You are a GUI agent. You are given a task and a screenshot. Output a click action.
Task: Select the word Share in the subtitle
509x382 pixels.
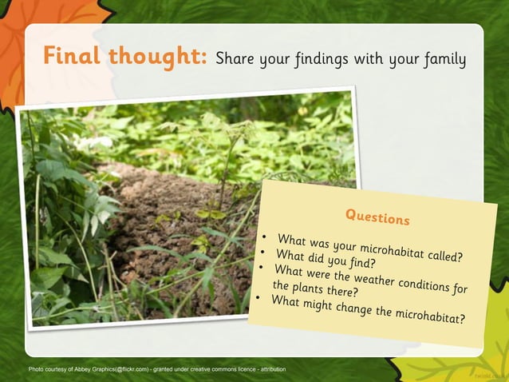click(x=236, y=59)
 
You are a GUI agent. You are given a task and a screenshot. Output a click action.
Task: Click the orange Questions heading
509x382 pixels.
click(x=377, y=216)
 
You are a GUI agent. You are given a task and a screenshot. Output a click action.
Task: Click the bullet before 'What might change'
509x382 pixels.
click(x=258, y=298)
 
